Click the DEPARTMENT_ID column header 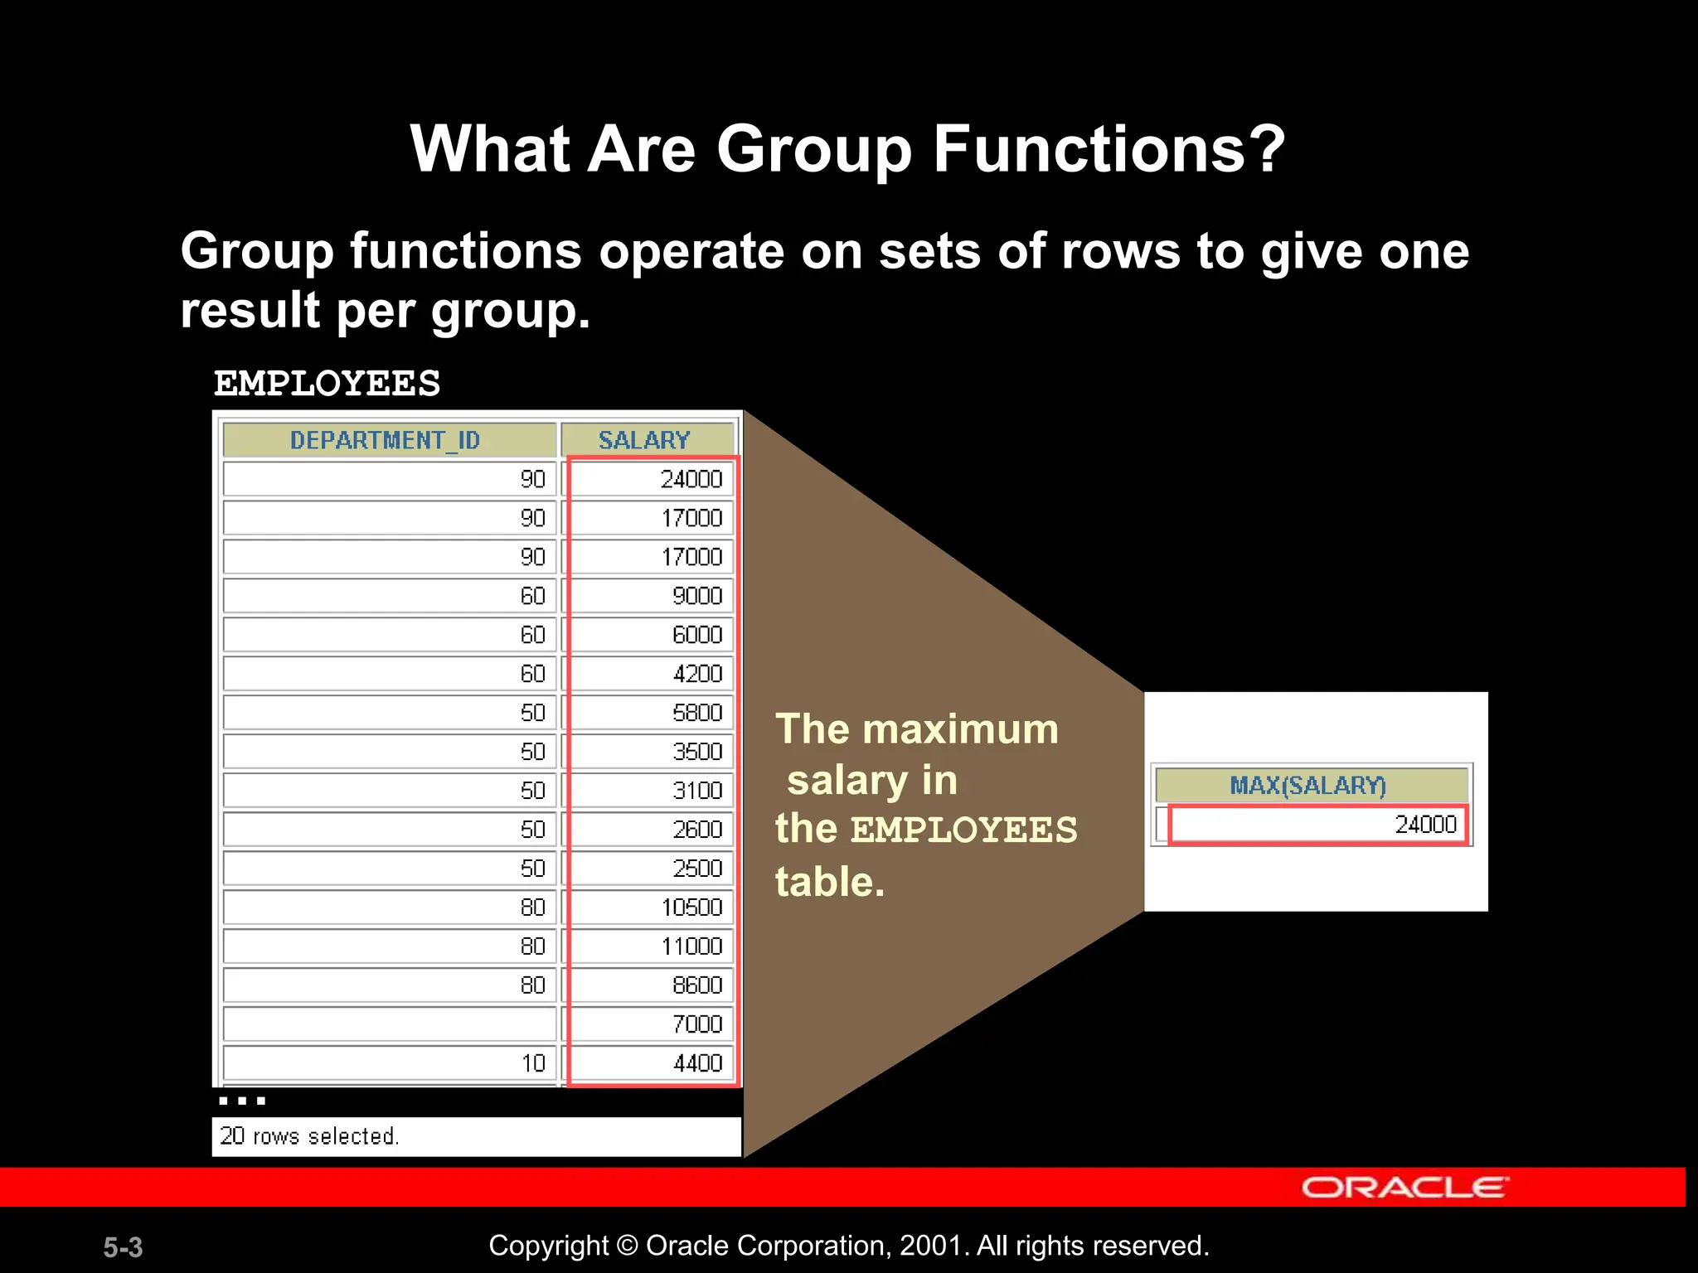(x=386, y=440)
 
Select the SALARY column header (x=644, y=440)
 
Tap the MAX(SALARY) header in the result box (x=1307, y=785)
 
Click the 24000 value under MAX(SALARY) (x=1425, y=825)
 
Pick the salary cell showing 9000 (x=697, y=596)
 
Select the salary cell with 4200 (x=697, y=674)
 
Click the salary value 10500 (x=691, y=908)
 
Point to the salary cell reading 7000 (x=697, y=1024)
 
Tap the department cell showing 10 (x=533, y=1063)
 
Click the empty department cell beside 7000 (x=390, y=1024)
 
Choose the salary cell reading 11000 (x=691, y=946)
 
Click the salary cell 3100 (x=697, y=791)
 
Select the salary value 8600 (x=697, y=985)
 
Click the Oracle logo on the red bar (x=1404, y=1187)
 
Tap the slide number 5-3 (x=123, y=1247)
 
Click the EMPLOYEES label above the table (x=327, y=384)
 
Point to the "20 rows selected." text (x=309, y=1136)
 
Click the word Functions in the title (x=1109, y=149)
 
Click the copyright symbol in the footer (x=628, y=1246)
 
